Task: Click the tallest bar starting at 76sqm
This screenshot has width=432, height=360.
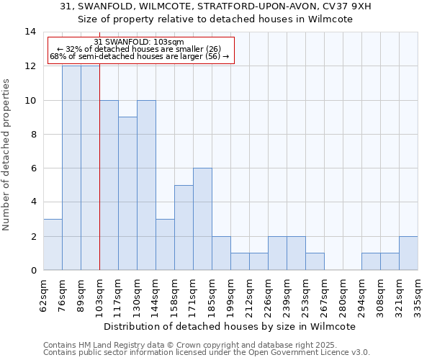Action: (71, 168)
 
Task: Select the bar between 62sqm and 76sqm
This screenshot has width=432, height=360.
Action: (53, 245)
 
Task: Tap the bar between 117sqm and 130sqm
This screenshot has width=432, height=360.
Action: (127, 194)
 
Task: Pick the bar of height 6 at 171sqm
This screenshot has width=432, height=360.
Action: (202, 219)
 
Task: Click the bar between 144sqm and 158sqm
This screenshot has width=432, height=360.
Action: (165, 245)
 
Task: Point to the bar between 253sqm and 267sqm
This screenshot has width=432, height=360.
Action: (315, 261)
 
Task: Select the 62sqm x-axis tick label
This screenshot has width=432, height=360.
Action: (44, 294)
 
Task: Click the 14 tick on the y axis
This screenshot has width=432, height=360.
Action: (30, 32)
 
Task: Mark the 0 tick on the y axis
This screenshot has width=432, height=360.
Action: (33, 270)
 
